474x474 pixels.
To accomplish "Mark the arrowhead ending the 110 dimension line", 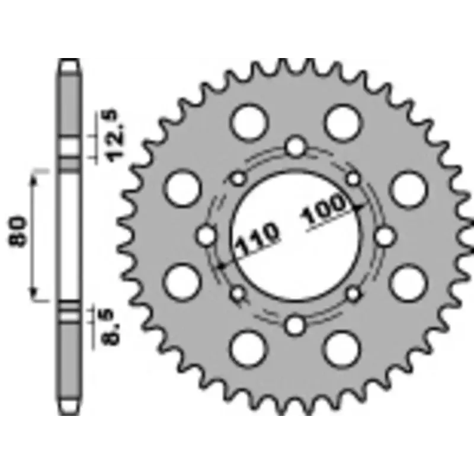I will tap(220, 267).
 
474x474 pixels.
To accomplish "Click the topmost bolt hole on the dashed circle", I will tap(296, 147).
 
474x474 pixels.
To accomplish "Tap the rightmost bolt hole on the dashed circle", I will tap(385, 236).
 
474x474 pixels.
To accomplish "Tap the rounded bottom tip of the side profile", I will tap(70, 409).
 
